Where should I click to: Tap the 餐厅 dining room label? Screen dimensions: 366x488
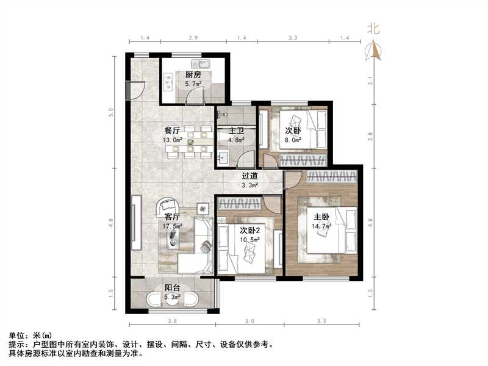pyautogui.click(x=171, y=131)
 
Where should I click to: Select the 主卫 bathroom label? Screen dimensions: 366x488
pyautogui.click(x=236, y=131)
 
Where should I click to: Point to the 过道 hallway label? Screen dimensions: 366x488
pyautogui.click(x=249, y=174)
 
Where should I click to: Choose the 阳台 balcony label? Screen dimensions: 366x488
pyautogui.click(x=171, y=289)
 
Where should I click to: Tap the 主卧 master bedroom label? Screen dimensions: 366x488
pyautogui.click(x=322, y=217)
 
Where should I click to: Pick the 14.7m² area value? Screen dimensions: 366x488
pyautogui.click(x=322, y=226)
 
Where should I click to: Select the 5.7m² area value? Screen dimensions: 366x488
pyautogui.click(x=193, y=84)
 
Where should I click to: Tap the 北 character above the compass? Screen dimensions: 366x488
pyautogui.click(x=373, y=28)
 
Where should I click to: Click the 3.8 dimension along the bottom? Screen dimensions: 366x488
pyautogui.click(x=173, y=321)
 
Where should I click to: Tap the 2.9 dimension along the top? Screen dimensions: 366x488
pyautogui.click(x=192, y=38)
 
